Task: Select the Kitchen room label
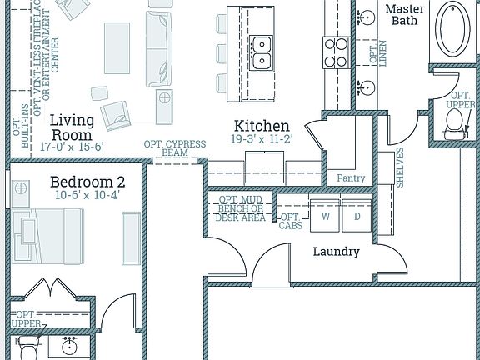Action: tap(261, 126)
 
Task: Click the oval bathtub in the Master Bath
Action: tap(454, 30)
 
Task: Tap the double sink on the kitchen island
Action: tap(264, 51)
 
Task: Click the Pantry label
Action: tap(351, 177)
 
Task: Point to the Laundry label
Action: tap(336, 251)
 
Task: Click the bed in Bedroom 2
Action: tap(47, 237)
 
